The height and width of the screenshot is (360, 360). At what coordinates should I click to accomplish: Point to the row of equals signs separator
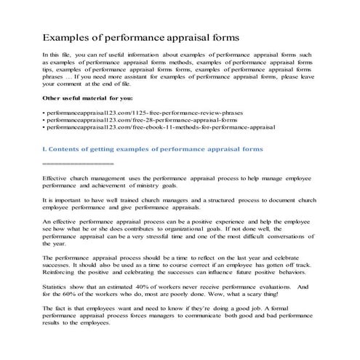click(x=73, y=164)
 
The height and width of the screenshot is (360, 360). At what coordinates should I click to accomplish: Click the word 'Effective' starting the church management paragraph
click(x=55, y=177)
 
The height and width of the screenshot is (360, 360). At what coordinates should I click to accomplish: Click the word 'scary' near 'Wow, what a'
click(x=254, y=296)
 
